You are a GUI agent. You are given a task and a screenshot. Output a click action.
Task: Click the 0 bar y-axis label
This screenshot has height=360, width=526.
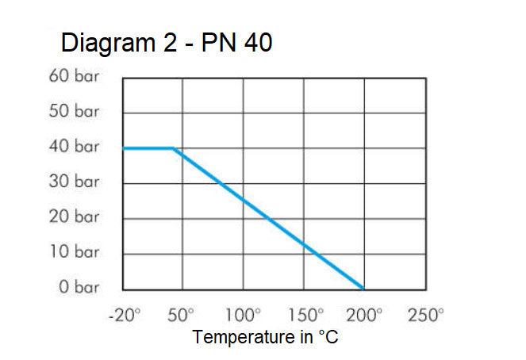[x=79, y=287]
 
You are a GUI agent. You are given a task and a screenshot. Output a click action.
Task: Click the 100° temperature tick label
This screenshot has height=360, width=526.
[x=244, y=315]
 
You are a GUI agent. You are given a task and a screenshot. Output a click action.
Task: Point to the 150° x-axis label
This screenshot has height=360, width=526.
[x=305, y=315]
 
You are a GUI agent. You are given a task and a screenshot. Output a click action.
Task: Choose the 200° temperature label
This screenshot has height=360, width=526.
[x=365, y=315]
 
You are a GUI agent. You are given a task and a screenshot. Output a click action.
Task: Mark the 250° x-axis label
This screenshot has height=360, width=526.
[x=426, y=315]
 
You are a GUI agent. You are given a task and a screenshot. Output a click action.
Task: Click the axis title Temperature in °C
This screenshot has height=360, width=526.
[x=265, y=338]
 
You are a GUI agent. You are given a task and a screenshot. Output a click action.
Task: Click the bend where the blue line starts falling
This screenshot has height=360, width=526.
[x=174, y=148]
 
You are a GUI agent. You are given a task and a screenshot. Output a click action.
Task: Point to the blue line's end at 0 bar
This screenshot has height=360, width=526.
[x=363, y=289]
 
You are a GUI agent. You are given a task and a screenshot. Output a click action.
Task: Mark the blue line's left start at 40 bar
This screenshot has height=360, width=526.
[x=124, y=148]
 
